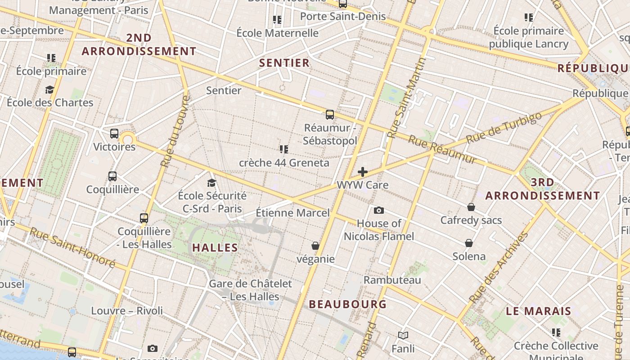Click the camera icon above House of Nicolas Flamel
379,210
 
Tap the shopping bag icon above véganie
315,246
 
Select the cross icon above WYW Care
363,172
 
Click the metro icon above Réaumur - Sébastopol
330,114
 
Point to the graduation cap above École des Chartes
49,90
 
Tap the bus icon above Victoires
114,133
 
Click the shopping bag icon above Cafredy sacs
471,207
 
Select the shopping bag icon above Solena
469,243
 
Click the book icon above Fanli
403,335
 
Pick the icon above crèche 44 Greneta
283,149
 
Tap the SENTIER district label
284,63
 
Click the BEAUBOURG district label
348,304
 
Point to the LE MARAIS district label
538,311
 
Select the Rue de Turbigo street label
504,128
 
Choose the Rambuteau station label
392,280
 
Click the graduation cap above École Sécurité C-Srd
211,182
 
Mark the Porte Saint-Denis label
343,16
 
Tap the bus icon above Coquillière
112,176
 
